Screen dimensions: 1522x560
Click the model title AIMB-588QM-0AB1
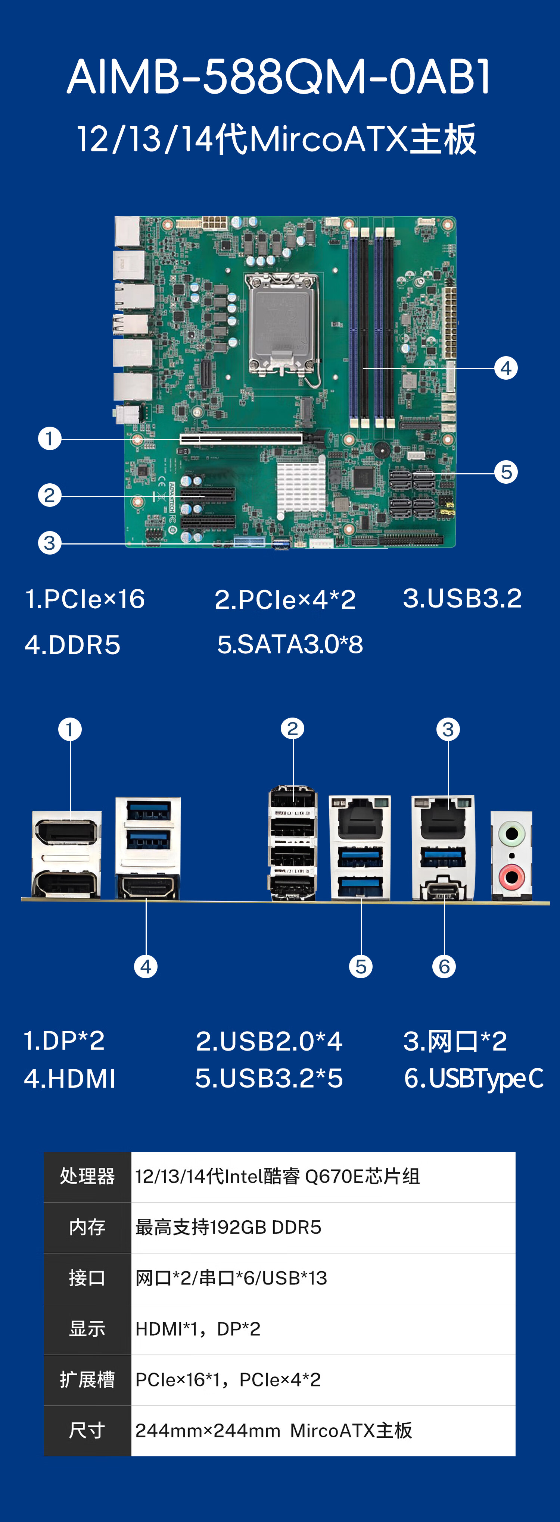(x=279, y=77)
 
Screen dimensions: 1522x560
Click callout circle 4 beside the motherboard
(x=505, y=368)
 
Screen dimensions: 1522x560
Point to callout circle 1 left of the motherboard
(x=50, y=439)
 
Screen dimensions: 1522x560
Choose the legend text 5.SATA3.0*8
(x=290, y=644)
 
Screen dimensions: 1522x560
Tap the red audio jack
(x=511, y=876)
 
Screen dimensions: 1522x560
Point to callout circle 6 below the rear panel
(x=444, y=967)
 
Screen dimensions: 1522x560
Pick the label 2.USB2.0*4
(x=269, y=1041)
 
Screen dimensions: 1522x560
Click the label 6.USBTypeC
(x=473, y=1078)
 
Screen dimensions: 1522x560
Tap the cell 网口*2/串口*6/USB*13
(x=231, y=1278)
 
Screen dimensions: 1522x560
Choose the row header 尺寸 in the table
(x=87, y=1430)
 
